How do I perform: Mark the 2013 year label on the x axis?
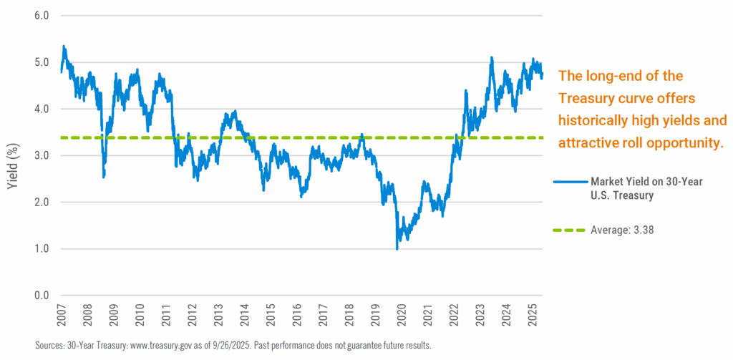click(218, 315)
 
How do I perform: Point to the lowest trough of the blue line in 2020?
click(397, 248)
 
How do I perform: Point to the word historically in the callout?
click(593, 120)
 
